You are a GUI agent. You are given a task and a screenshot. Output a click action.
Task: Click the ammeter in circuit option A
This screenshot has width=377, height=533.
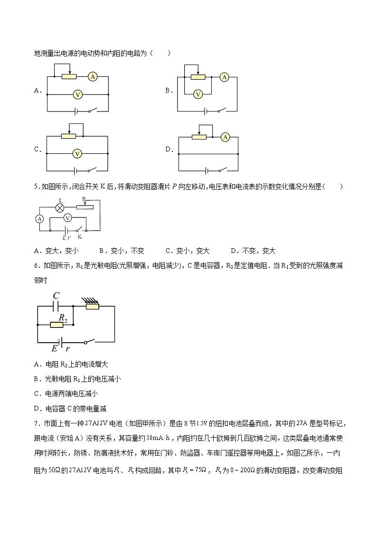pyautogui.click(x=93, y=76)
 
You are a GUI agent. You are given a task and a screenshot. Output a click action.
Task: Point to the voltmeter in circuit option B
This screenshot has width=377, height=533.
pyautogui.click(x=199, y=94)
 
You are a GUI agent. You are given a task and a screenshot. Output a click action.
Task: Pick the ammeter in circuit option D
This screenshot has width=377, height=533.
pyautogui.click(x=226, y=137)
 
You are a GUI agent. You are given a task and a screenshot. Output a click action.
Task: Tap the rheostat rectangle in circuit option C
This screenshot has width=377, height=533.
pyautogui.click(x=69, y=136)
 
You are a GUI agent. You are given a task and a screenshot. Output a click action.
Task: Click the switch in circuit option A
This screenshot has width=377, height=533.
pyautogui.click(x=92, y=111)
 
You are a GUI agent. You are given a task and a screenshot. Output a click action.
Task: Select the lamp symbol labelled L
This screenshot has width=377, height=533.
pyautogui.click(x=60, y=207)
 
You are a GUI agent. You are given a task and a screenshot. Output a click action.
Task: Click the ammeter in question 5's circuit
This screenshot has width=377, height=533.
pyautogui.click(x=40, y=218)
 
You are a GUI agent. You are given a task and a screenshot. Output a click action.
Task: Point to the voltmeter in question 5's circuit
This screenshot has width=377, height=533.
pyautogui.click(x=67, y=218)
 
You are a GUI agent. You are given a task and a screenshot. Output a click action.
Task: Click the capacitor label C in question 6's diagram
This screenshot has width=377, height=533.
pyautogui.click(x=56, y=296)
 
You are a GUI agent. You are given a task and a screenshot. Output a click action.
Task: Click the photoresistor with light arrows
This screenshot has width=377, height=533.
pyautogui.click(x=92, y=306)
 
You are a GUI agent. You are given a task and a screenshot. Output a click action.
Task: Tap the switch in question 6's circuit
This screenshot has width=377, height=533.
pyautogui.click(x=90, y=341)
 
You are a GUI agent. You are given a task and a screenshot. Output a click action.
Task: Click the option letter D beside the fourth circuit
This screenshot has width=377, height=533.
pyautogui.click(x=168, y=149)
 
